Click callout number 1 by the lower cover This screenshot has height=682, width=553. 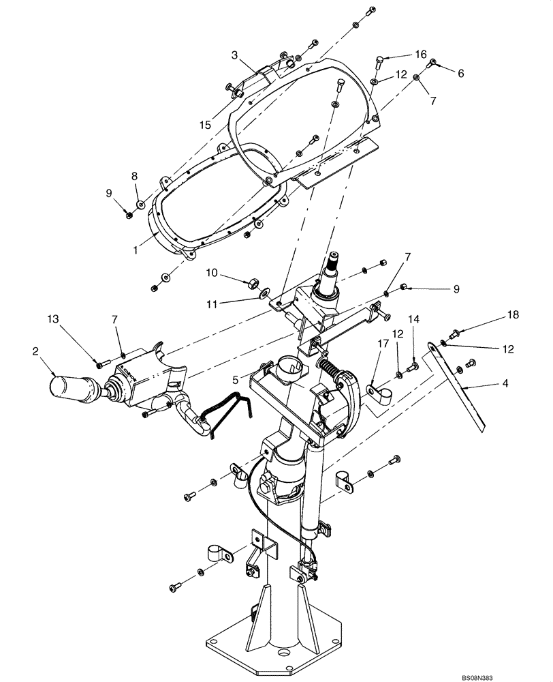coord(136,250)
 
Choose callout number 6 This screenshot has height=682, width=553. coord(461,73)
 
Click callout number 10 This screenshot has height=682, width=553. coord(212,273)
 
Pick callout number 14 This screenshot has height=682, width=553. coord(414,318)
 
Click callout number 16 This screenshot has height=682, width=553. coord(420,53)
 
